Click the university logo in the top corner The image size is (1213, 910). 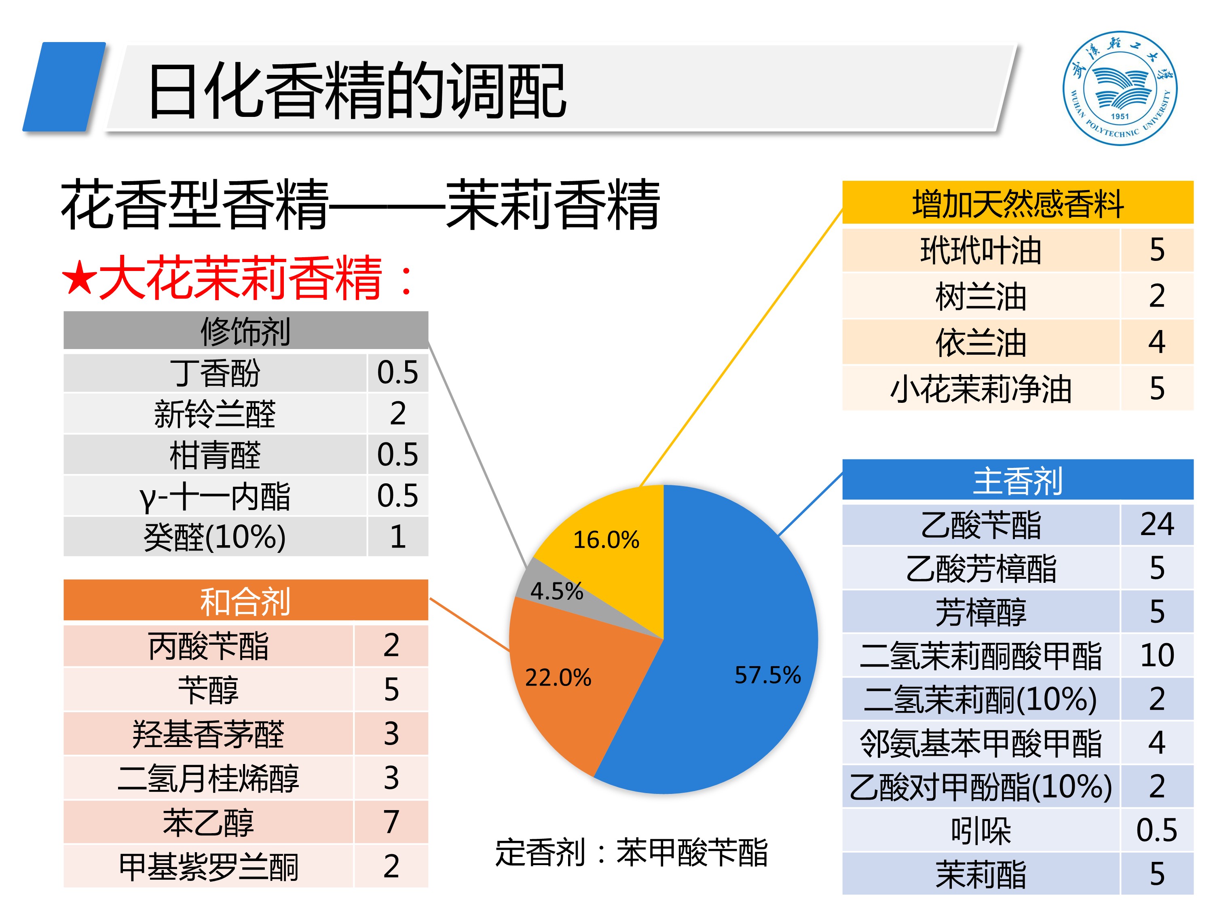(1119, 88)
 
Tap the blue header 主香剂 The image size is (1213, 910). (1017, 480)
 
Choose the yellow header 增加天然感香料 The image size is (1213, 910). (1017, 203)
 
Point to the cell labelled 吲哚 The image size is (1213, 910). (981, 830)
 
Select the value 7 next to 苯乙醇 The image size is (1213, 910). (391, 822)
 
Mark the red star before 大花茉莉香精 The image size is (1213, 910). (80, 278)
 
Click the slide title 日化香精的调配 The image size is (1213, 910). (357, 91)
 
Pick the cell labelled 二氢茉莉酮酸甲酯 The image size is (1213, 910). (981, 655)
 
